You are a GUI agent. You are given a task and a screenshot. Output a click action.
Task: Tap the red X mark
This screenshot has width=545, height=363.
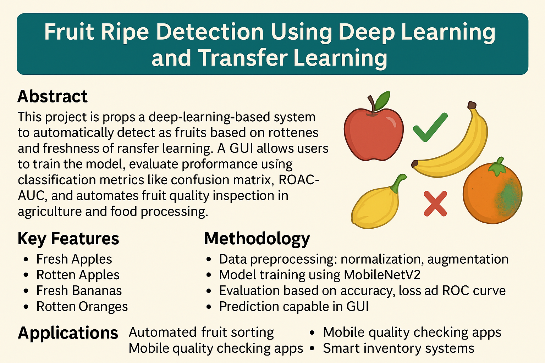435,203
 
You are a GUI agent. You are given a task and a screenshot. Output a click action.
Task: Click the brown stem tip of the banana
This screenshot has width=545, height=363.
472,105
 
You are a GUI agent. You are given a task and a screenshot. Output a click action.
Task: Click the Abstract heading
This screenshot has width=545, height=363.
53,96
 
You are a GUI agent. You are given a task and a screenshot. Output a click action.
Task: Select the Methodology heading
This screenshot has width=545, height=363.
257,239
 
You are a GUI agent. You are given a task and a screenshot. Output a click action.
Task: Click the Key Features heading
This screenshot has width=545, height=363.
68,239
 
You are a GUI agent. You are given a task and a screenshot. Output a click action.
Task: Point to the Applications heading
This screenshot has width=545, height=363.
68,333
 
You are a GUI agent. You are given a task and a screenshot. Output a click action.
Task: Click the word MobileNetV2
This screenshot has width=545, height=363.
382,275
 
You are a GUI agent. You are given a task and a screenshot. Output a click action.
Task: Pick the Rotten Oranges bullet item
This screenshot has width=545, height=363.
82,306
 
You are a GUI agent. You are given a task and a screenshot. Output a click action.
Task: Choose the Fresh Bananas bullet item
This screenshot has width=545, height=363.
79,291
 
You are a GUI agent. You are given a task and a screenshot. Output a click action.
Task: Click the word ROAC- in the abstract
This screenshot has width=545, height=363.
299,180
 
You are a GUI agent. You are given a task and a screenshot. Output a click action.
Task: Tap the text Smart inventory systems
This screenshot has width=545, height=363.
398,348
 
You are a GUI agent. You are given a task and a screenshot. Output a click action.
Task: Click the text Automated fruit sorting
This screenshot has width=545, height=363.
201,333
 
